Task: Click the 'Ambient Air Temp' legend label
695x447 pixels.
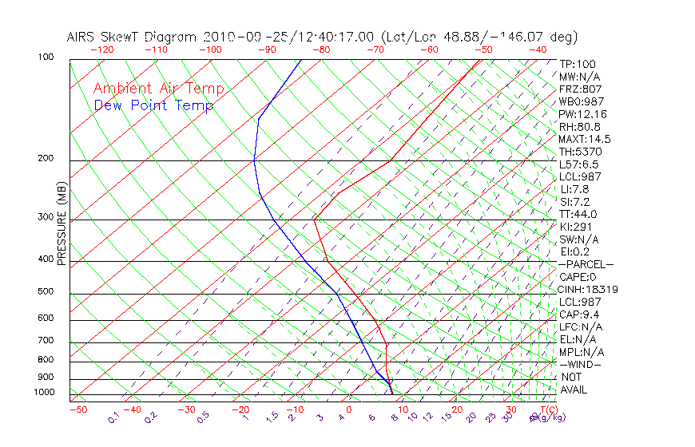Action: tap(158, 89)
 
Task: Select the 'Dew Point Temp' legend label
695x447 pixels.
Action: tap(153, 105)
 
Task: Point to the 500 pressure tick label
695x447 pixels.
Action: tap(46, 291)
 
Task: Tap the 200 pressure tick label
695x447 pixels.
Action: tap(46, 158)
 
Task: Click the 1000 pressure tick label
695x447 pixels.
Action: tap(44, 392)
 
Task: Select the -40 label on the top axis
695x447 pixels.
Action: tap(538, 49)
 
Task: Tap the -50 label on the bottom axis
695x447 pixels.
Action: tap(77, 409)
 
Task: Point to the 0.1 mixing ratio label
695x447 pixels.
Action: tap(113, 417)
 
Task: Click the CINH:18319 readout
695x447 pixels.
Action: tap(590, 290)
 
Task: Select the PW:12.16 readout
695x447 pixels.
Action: tap(583, 114)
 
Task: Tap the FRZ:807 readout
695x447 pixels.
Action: tap(580, 89)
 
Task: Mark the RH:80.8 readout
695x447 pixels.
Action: tap(580, 126)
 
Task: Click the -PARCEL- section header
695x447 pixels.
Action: tap(586, 264)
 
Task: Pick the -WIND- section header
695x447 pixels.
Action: tap(581, 364)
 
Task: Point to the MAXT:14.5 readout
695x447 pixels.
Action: tap(585, 139)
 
